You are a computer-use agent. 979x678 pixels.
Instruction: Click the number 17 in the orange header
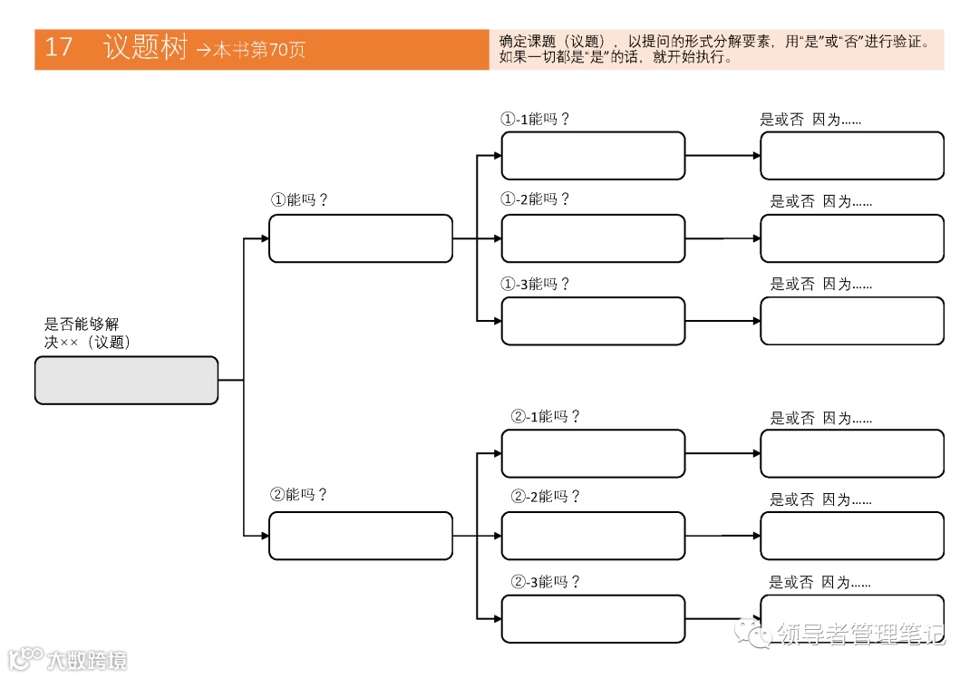click(x=58, y=47)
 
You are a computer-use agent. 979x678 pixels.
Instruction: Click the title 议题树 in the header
click(x=145, y=47)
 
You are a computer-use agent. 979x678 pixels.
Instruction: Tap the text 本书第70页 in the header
click(x=259, y=51)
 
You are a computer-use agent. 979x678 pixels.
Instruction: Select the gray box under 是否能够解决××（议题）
click(x=126, y=380)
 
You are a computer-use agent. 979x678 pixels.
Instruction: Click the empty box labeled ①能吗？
click(x=360, y=238)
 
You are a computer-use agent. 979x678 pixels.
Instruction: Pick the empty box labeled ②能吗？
click(x=360, y=536)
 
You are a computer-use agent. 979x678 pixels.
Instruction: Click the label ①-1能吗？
click(x=536, y=119)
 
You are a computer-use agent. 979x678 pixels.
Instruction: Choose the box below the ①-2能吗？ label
click(x=593, y=238)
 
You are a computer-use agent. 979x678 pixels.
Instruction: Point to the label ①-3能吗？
click(x=536, y=284)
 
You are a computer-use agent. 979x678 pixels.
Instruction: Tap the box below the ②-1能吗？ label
click(x=593, y=453)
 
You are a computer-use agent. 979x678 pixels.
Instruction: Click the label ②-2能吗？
click(x=546, y=497)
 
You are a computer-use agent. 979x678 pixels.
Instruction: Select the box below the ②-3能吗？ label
click(x=593, y=618)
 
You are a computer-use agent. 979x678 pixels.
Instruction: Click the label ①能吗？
click(x=299, y=200)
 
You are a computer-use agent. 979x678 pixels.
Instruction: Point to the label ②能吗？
click(x=299, y=495)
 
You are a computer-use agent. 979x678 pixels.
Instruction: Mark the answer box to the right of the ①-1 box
click(x=851, y=156)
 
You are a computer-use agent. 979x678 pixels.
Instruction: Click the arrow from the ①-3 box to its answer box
click(x=722, y=321)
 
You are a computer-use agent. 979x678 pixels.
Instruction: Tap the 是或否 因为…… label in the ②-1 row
click(x=820, y=419)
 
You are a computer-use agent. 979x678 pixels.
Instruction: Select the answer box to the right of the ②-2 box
click(x=851, y=536)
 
